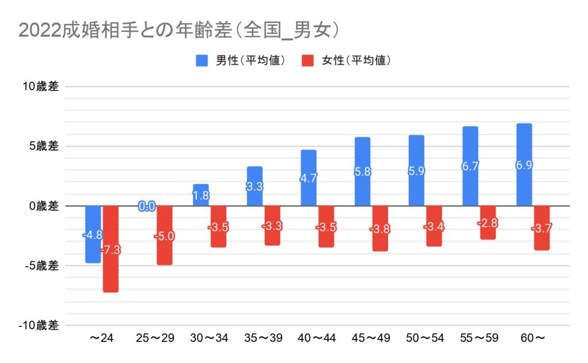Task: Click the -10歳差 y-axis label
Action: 38,325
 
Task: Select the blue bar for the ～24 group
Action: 93,241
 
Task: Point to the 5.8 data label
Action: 362,171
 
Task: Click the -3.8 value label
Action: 380,229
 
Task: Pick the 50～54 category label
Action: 424,338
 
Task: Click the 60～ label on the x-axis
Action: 532,338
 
